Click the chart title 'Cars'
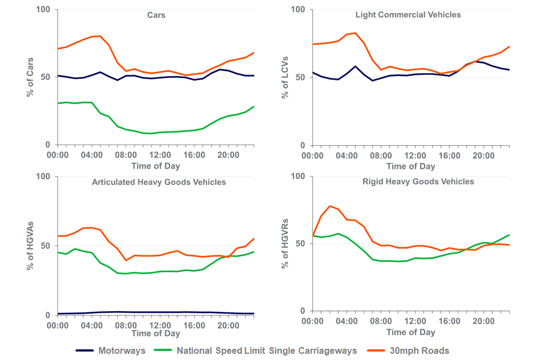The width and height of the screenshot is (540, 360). pyautogui.click(x=156, y=16)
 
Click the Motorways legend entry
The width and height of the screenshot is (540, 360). pyautogui.click(x=111, y=350)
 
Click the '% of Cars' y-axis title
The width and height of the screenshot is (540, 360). pyautogui.click(x=30, y=76)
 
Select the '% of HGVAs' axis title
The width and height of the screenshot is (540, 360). pyautogui.click(x=30, y=246)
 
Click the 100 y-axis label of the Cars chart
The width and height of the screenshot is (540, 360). pyautogui.click(x=43, y=10)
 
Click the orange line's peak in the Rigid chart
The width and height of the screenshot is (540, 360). pyautogui.click(x=330, y=206)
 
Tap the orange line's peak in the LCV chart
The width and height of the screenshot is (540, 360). pyautogui.click(x=355, y=33)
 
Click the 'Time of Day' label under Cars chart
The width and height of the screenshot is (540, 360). pyautogui.click(x=156, y=166)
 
